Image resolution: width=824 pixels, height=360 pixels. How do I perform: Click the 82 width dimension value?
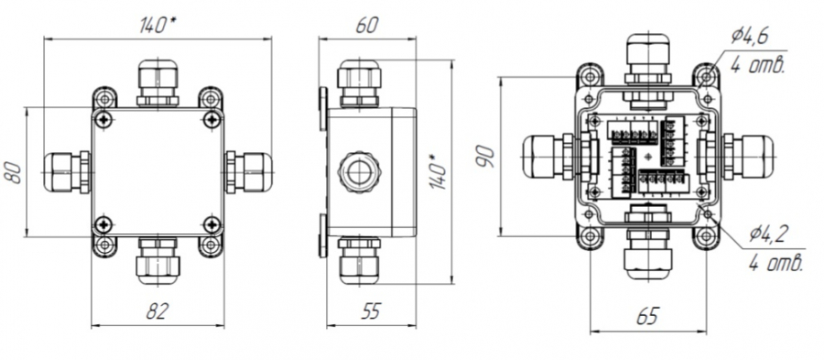pos(157,311)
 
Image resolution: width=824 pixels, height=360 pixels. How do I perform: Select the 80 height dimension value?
pos(14,172)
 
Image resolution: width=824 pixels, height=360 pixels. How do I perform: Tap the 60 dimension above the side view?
pos(366,25)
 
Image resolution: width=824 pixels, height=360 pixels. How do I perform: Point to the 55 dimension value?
pos(371,311)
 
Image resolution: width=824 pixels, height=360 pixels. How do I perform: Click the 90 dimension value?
pos(486,157)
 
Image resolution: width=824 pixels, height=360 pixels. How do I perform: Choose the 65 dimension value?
pos(647,316)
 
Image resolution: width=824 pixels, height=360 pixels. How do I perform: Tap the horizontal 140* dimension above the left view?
pos(157,25)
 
